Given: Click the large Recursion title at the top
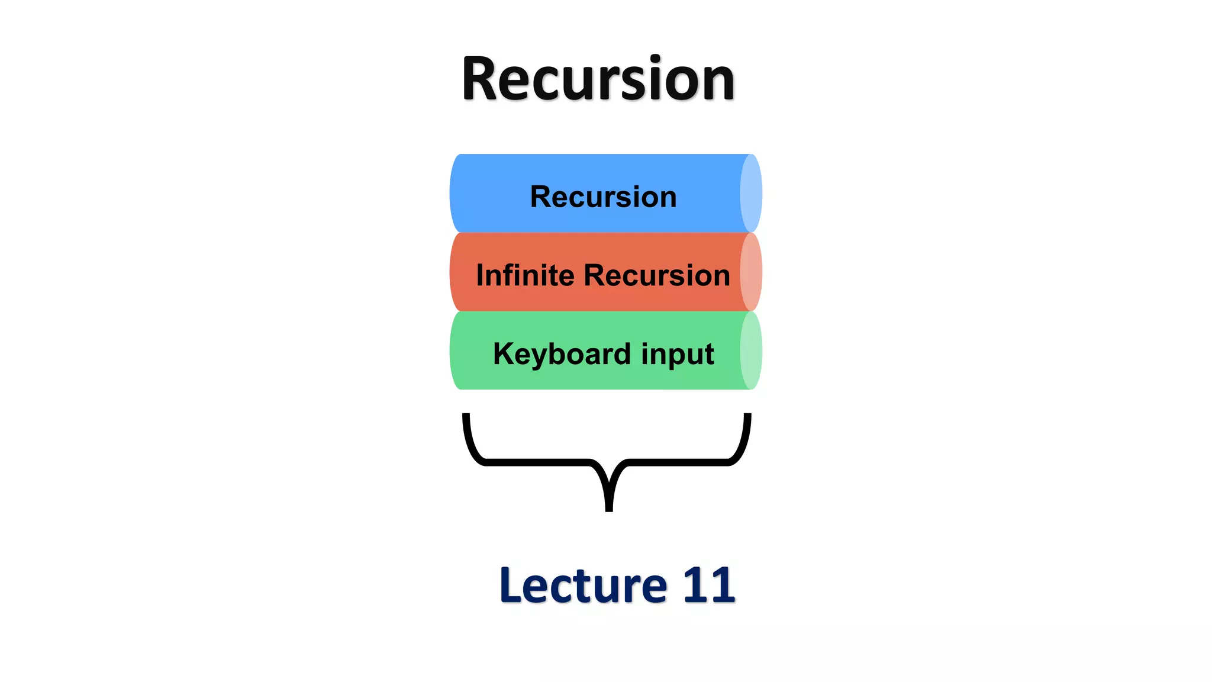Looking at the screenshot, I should [x=598, y=79].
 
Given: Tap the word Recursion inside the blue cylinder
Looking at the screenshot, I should [x=603, y=197].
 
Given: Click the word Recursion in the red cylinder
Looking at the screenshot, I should [x=657, y=275].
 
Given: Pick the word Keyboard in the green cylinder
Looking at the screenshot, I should [x=562, y=354].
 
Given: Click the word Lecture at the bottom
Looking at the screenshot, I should [x=584, y=586].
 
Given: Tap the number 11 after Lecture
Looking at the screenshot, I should [x=708, y=586].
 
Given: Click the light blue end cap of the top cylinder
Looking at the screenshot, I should [x=751, y=193].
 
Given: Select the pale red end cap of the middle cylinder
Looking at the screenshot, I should [x=751, y=272].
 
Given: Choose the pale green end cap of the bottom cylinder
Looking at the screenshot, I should [x=751, y=350].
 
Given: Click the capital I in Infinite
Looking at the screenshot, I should [x=480, y=275].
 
